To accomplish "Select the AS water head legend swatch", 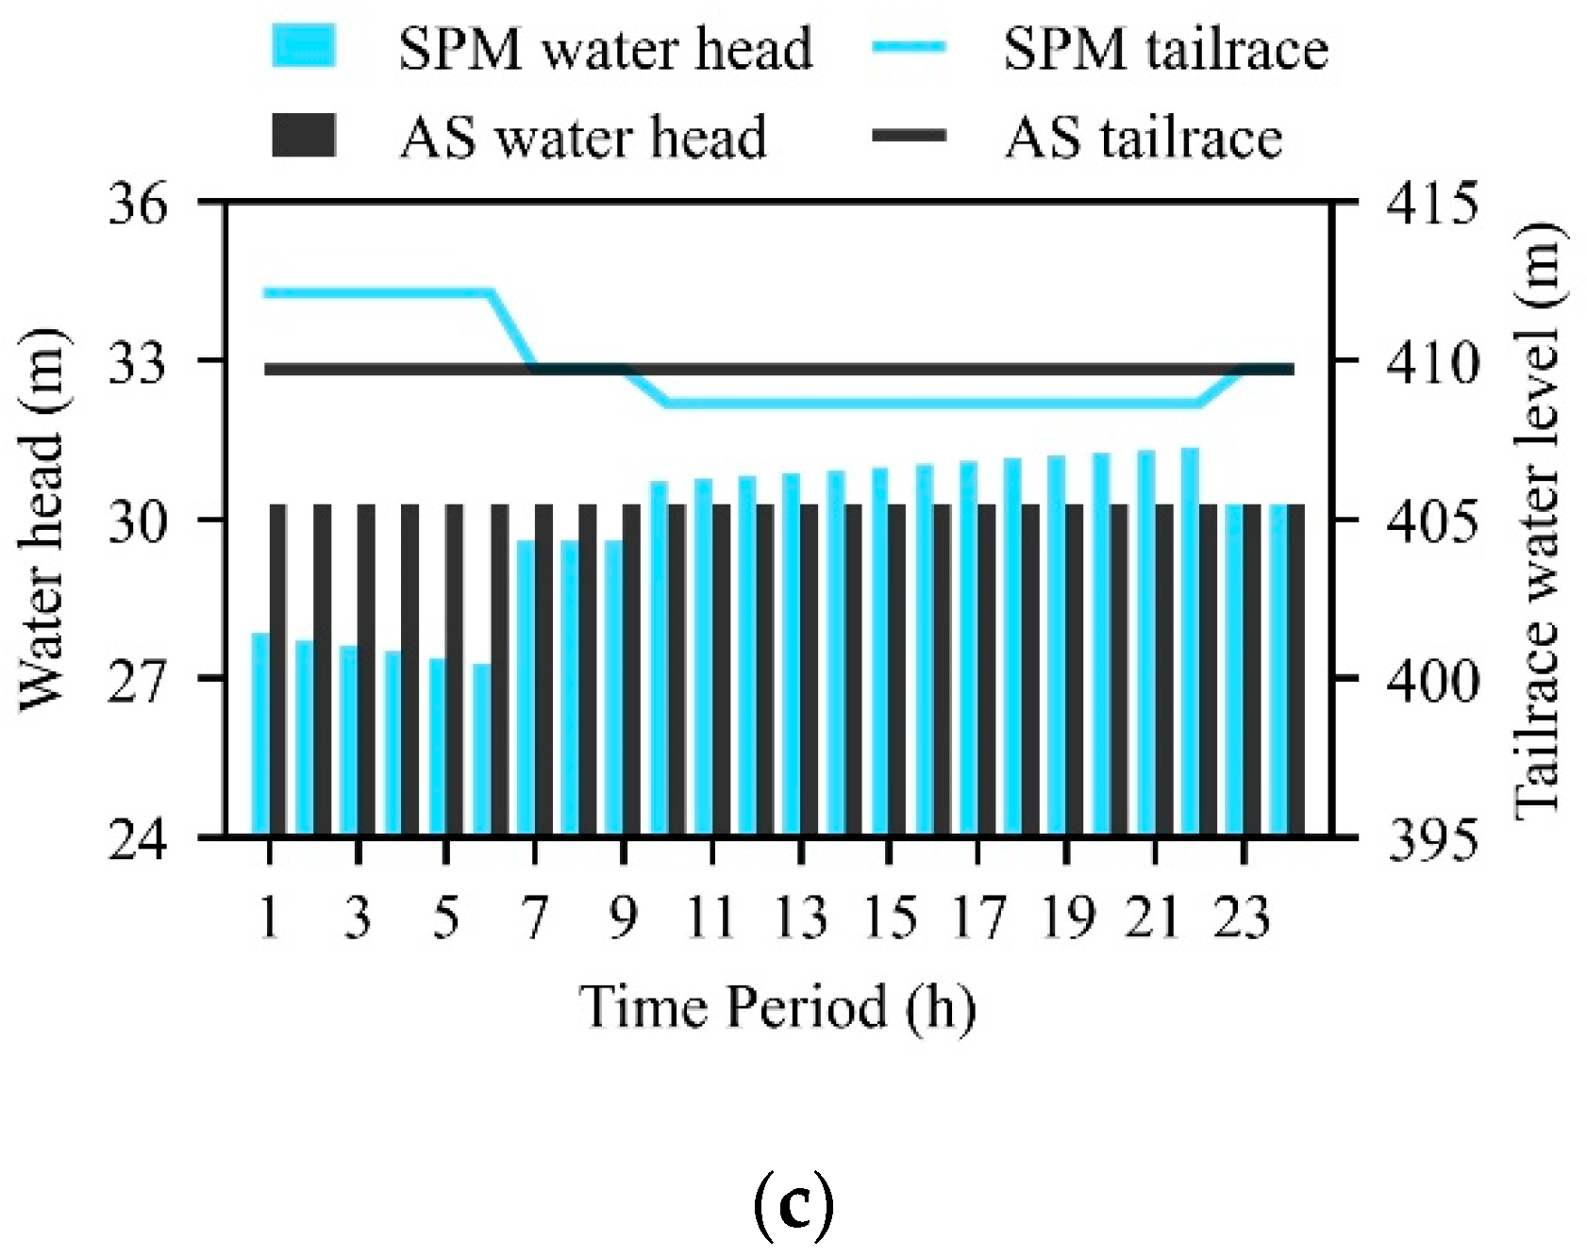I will [304, 136].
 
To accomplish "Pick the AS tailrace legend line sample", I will [909, 136].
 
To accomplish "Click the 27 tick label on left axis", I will [138, 679].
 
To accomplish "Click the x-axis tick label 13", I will [800, 917].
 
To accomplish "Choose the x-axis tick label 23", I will [1243, 917].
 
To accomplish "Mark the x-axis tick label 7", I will [535, 917].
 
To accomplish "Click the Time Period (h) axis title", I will [777, 1006].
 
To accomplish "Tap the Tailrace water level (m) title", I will [1538, 521].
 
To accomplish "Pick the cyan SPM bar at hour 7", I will [526, 688].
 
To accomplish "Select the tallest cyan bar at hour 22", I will [1190, 641].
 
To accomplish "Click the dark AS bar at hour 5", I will [455, 669].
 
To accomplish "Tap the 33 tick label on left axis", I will [138, 362].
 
